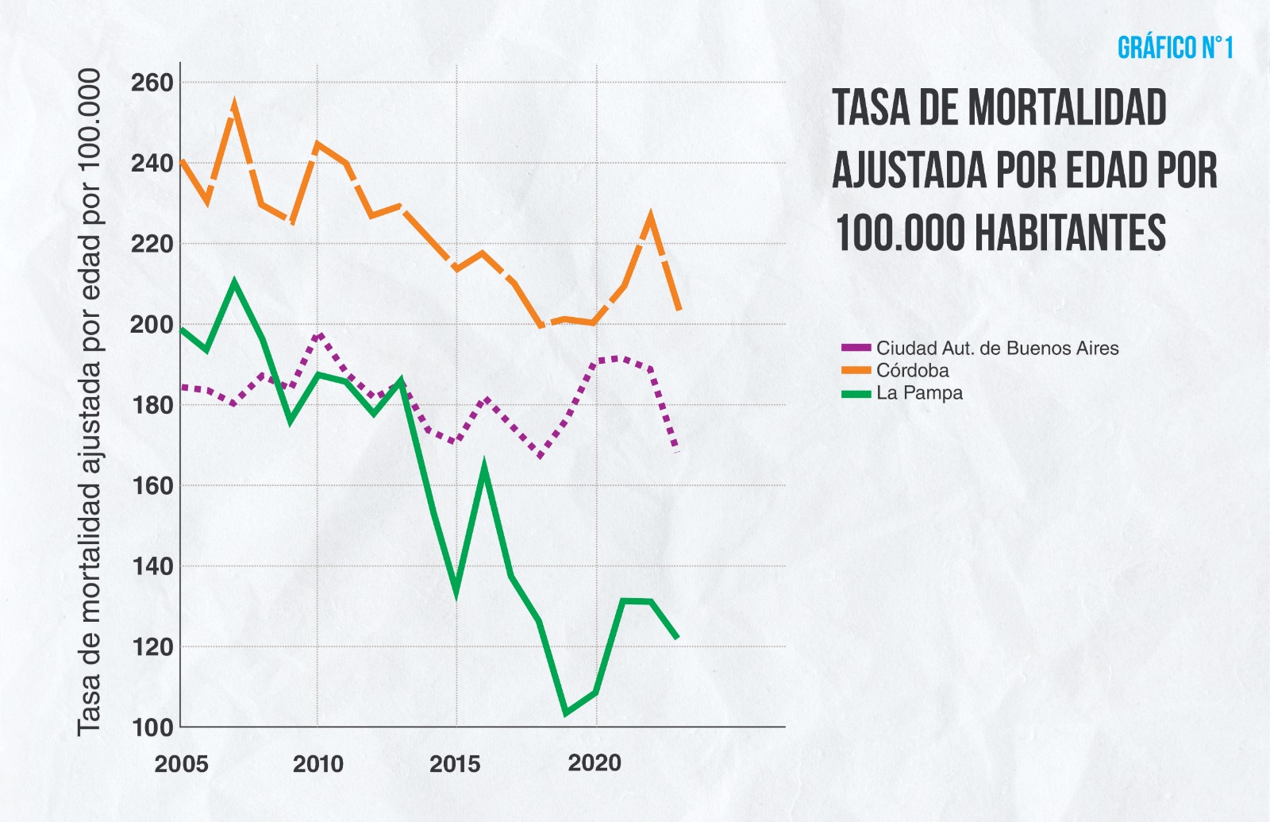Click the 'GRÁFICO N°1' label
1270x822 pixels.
pyautogui.click(x=1175, y=48)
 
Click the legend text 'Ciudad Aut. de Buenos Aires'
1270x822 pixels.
pyautogui.click(x=997, y=348)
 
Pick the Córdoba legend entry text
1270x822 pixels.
pyautogui.click(x=912, y=370)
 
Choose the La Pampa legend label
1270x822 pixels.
pyautogui.click(x=919, y=392)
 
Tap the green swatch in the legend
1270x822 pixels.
pyautogui.click(x=856, y=393)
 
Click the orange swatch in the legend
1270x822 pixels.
pyautogui.click(x=856, y=371)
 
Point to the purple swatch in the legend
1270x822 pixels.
pyautogui.click(x=856, y=348)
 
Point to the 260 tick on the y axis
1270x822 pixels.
pyautogui.click(x=152, y=83)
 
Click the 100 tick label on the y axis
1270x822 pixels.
pyautogui.click(x=152, y=727)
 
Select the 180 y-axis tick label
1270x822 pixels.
pyautogui.click(x=152, y=405)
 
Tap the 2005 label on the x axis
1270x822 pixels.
pyautogui.click(x=182, y=764)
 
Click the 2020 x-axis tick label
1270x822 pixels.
pyautogui.click(x=595, y=763)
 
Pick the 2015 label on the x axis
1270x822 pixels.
pyautogui.click(x=455, y=764)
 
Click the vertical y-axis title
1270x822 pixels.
pyautogui.click(x=89, y=402)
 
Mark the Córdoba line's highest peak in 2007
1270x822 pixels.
pyautogui.click(x=234, y=105)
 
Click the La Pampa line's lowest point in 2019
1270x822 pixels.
pyautogui.click(x=566, y=712)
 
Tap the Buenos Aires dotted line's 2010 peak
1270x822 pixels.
pyautogui.click(x=318, y=335)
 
